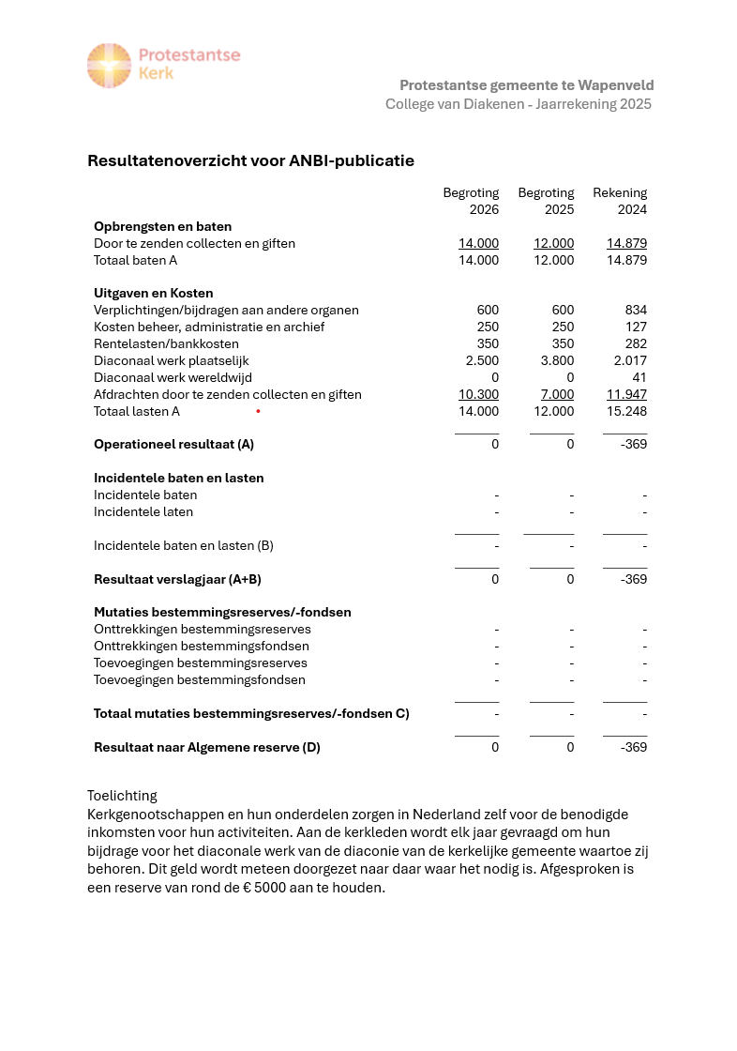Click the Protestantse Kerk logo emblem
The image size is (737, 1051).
(109, 66)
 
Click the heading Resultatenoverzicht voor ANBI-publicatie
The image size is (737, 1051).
(250, 160)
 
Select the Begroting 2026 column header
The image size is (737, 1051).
(471, 201)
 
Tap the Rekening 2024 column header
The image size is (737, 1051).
(620, 201)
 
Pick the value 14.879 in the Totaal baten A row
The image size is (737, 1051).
(626, 260)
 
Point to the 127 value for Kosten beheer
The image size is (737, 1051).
(636, 327)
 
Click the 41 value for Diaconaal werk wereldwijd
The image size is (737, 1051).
(639, 377)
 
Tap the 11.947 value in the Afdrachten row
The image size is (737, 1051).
(626, 394)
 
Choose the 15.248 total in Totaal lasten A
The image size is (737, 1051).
(626, 411)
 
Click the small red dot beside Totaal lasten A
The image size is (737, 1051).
(258, 411)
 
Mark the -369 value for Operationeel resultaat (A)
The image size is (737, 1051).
(634, 444)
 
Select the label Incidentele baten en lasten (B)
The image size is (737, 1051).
(184, 545)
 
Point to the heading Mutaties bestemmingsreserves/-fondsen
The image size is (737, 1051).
(222, 612)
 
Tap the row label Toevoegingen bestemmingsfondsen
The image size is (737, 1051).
(200, 679)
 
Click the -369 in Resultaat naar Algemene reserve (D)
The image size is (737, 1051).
(634, 747)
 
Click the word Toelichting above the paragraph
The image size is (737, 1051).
(122, 796)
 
